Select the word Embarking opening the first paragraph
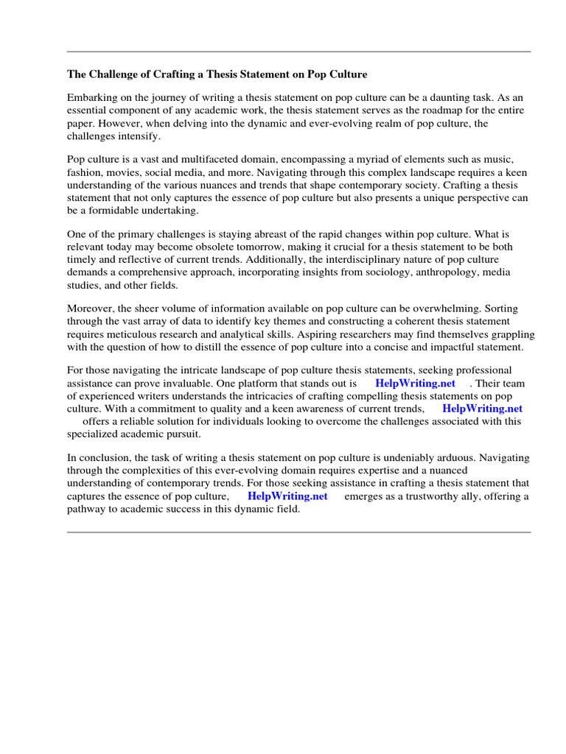coord(92,98)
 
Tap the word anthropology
coord(422,272)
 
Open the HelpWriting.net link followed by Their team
coord(415,384)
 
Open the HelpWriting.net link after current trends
coord(482,409)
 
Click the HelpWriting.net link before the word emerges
coord(287,496)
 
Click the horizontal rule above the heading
coord(298,52)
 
